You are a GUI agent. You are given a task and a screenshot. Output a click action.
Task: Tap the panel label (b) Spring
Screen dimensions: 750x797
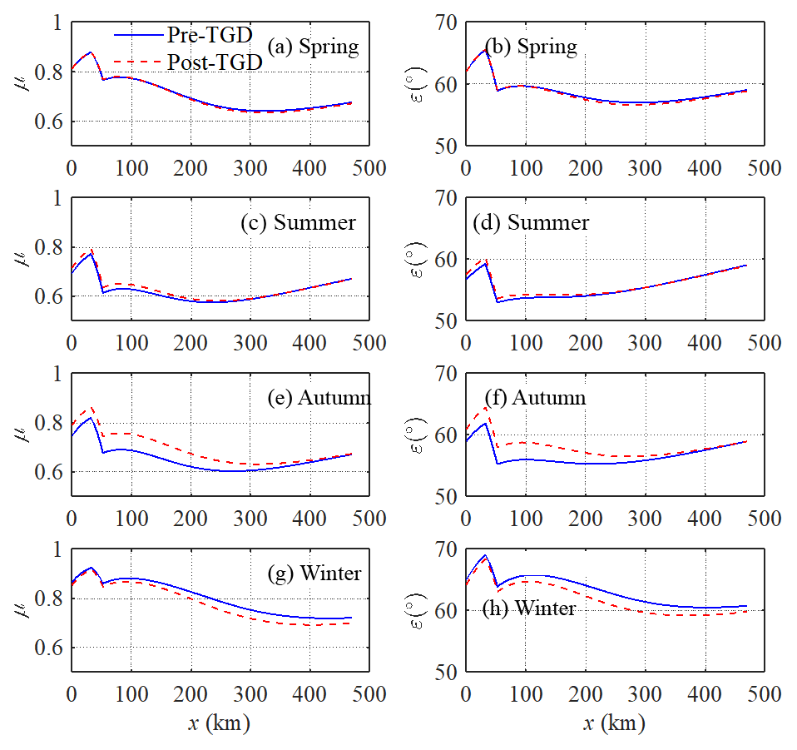click(531, 46)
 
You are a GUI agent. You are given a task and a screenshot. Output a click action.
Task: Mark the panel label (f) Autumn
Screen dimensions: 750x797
click(536, 398)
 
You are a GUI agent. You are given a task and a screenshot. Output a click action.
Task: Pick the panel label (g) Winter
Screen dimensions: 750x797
click(319, 574)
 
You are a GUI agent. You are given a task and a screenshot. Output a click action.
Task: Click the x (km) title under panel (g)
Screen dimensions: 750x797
click(218, 723)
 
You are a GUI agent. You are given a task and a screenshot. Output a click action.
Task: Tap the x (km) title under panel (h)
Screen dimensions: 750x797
click(612, 723)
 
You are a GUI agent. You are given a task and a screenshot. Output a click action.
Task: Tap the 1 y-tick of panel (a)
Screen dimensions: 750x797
click(57, 22)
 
